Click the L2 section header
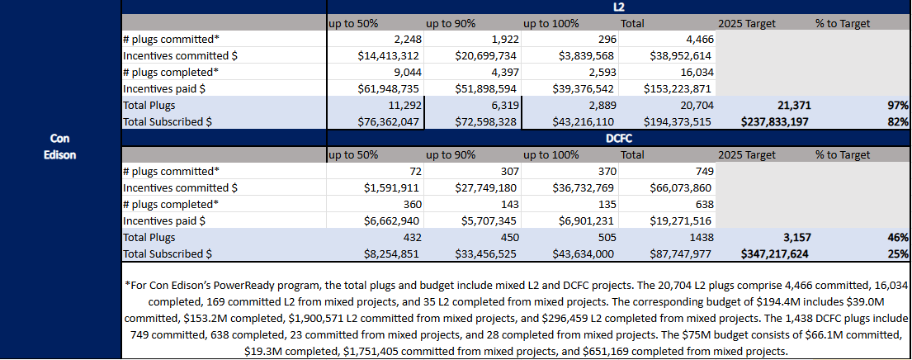(618, 7)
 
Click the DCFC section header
(618, 139)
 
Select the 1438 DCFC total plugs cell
(698, 238)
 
